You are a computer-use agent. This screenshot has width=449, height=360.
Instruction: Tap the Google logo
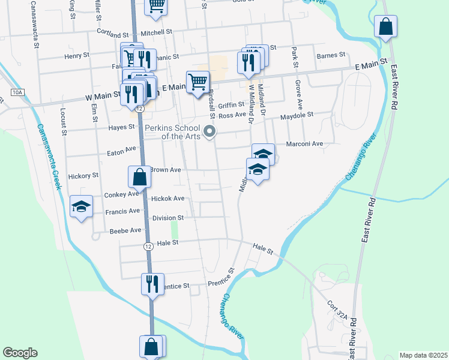pos(20,353)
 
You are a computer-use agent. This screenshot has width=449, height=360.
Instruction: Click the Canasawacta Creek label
pos(49,156)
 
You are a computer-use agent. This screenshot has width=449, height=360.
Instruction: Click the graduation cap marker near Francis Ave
pos(81,207)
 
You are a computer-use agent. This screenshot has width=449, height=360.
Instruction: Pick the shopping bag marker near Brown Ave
pos(139,178)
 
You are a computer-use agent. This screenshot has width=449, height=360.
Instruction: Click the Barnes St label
pos(331,55)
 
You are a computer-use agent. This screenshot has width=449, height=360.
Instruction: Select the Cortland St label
pos(114,35)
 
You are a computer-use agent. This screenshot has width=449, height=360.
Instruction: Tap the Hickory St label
pos(83,176)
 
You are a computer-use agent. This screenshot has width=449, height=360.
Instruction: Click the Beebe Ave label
pos(125,230)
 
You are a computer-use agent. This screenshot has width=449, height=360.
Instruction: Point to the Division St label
pos(167,218)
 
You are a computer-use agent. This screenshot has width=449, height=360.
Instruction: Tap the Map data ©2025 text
pos(423,355)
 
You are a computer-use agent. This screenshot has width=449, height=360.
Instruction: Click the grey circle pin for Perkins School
pos(209,131)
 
